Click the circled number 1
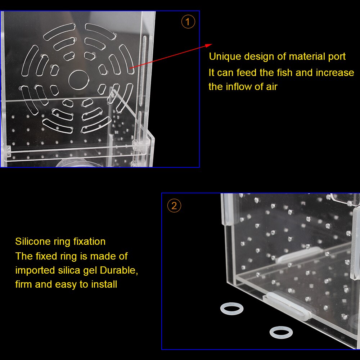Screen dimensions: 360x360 (x=188, y=22)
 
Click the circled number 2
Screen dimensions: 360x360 (x=174, y=206)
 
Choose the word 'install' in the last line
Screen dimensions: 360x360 (x=104, y=284)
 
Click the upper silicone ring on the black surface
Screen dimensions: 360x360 (x=231, y=309)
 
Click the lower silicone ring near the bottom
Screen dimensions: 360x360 (x=281, y=332)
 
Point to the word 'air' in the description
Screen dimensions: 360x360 (x=271, y=87)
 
